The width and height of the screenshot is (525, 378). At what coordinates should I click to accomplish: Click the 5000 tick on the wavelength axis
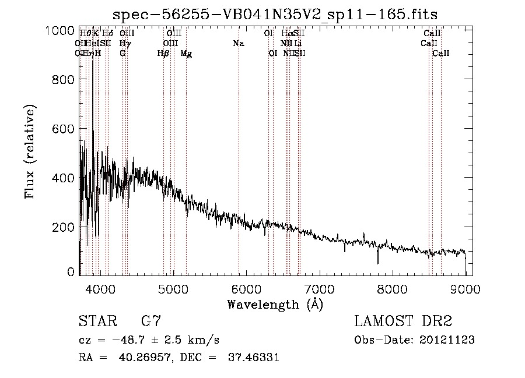click(173, 288)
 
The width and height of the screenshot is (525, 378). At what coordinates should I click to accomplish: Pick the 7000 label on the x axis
click(319, 288)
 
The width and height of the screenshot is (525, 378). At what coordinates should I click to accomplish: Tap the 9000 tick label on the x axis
click(465, 288)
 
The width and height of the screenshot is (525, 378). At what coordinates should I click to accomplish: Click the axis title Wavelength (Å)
click(275, 304)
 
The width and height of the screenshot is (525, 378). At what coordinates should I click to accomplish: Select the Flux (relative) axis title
click(30, 151)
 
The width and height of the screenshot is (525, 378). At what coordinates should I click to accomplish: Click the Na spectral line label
click(238, 43)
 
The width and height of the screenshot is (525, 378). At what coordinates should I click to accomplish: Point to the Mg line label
click(186, 54)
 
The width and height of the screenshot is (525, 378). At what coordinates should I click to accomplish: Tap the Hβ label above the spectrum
click(163, 54)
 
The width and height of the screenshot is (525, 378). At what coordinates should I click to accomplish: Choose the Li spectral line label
click(297, 43)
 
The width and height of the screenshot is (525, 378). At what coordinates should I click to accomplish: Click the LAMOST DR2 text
click(403, 322)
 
